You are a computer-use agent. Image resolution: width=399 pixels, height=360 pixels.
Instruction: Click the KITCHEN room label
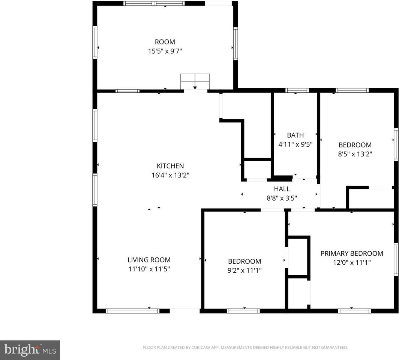pyautogui.click(x=170, y=166)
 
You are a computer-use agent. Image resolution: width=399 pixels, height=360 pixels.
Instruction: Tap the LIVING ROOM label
pyautogui.click(x=149, y=259)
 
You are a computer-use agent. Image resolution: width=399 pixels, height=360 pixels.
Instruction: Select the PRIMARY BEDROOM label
pyautogui.click(x=351, y=253)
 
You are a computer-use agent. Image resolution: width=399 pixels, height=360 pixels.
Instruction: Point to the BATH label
pyautogui.click(x=295, y=135)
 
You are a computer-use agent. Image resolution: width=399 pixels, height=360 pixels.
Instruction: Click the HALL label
pyautogui.click(x=282, y=189)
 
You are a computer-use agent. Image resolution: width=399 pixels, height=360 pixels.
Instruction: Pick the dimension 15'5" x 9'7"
pyautogui.click(x=165, y=51)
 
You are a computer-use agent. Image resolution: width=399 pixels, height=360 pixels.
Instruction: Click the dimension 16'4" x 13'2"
pyautogui.click(x=170, y=175)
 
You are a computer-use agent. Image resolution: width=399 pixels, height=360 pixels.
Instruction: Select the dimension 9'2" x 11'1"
pyautogui.click(x=244, y=270)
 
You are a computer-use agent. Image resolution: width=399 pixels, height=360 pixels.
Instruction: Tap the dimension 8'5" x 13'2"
pyautogui.click(x=355, y=154)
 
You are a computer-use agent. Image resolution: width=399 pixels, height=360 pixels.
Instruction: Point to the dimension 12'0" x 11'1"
pyautogui.click(x=351, y=262)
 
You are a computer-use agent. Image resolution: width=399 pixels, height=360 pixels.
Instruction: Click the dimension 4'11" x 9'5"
pyautogui.click(x=295, y=144)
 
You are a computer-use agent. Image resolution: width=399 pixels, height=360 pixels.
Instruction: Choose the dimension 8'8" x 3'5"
pyautogui.click(x=282, y=198)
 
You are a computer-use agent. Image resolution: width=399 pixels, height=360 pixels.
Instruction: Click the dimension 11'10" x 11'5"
pyautogui.click(x=149, y=268)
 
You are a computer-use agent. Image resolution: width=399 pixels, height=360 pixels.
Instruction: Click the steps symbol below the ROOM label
pyautogui.click(x=195, y=81)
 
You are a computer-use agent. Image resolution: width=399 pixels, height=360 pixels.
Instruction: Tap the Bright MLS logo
pyautogui.click(x=30, y=350)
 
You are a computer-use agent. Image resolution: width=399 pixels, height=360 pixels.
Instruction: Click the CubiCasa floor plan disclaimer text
pyautogui.click(x=245, y=348)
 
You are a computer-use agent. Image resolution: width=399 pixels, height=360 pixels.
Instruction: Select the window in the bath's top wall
pyautogui.click(x=297, y=90)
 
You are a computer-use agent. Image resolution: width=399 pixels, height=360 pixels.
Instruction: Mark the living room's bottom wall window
pyautogui.click(x=132, y=310)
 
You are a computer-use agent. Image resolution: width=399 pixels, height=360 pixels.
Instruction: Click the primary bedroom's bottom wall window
pyautogui.click(x=354, y=310)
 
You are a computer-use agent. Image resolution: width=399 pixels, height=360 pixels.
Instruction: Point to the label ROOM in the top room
pyautogui.click(x=165, y=42)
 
